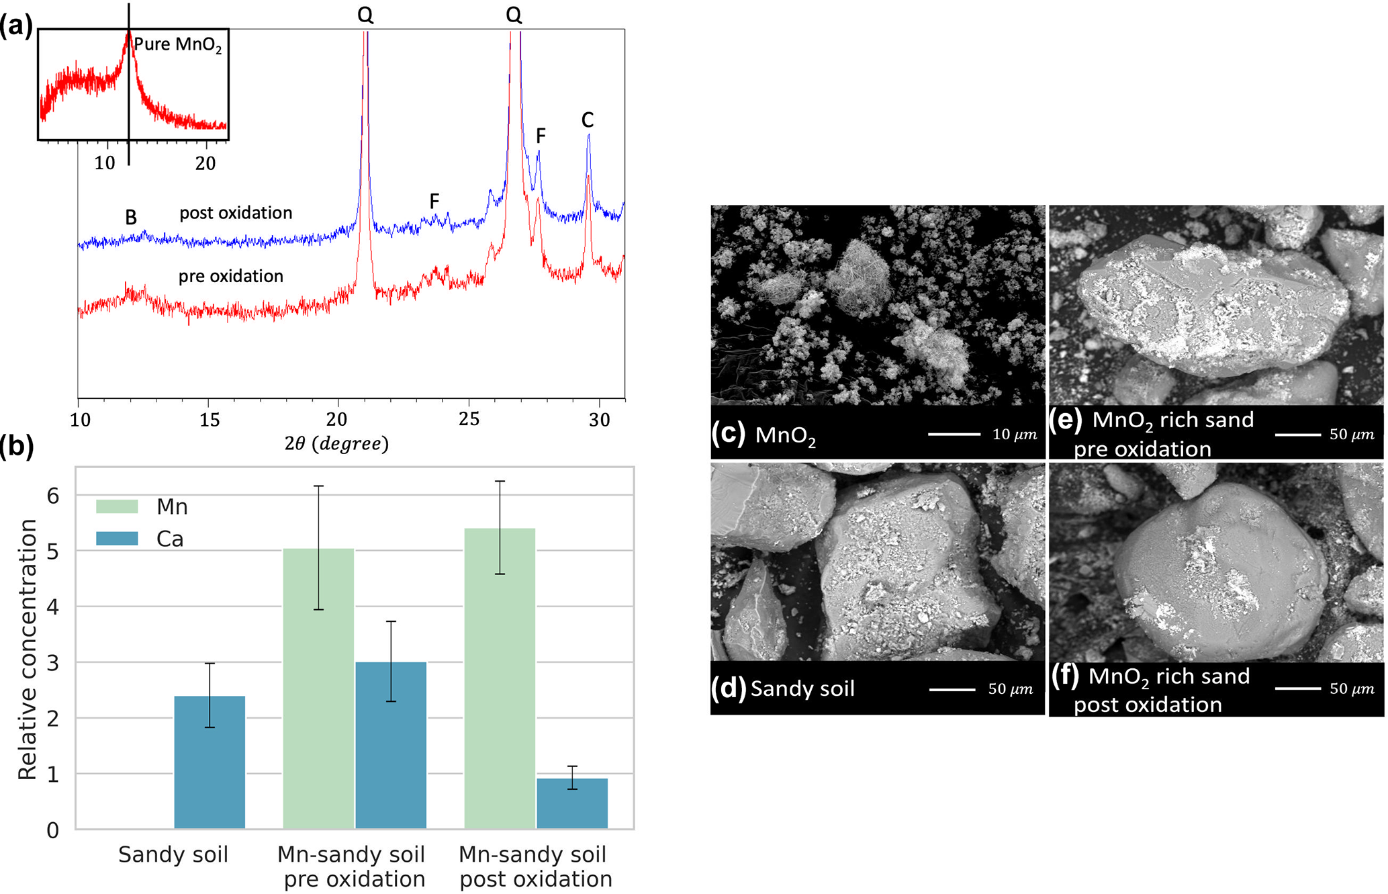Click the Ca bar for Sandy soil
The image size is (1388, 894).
tap(210, 762)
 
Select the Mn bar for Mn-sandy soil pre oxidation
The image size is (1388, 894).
tap(318, 688)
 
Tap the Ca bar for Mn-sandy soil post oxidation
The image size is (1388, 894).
tap(572, 803)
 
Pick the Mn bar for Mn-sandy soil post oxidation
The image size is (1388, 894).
tap(500, 678)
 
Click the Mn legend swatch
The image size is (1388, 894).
tap(117, 506)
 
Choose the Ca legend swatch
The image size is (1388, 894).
tap(117, 539)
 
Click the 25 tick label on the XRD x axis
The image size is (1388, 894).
tap(469, 420)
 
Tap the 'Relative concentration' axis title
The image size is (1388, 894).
tap(28, 650)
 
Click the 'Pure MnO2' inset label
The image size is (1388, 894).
tap(177, 45)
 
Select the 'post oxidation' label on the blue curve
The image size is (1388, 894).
tap(236, 213)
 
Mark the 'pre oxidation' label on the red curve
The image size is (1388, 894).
tap(230, 276)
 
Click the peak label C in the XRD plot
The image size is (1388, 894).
tap(588, 120)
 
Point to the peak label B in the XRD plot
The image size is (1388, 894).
tap(131, 218)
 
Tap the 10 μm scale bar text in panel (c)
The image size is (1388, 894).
tap(1014, 435)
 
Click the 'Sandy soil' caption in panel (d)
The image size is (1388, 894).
tap(802, 688)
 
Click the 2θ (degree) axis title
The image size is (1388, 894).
tap(336, 443)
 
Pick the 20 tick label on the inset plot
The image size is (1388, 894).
tap(205, 163)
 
